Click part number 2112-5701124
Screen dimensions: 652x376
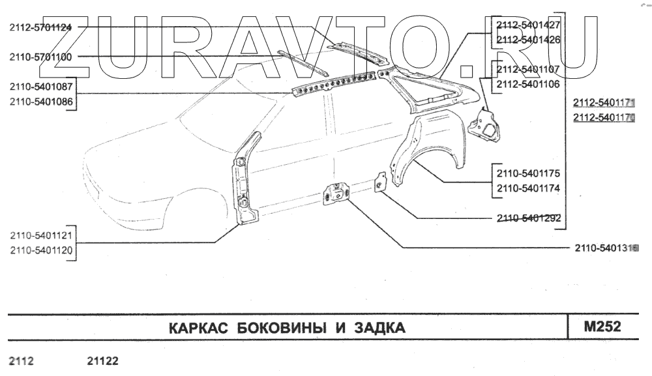click(40, 27)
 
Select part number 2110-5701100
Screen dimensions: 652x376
click(40, 57)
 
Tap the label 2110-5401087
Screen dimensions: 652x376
click(40, 87)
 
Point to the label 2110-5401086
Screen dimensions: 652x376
click(40, 102)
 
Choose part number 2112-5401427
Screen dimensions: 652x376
click(528, 25)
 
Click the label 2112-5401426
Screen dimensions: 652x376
click(528, 39)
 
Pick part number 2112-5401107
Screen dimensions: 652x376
click(528, 70)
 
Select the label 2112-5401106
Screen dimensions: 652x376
click(528, 84)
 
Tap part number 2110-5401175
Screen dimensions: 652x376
click(528, 174)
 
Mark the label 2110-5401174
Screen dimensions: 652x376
click(528, 188)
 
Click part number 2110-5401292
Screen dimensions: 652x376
click(528, 219)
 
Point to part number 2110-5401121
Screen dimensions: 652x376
click(40, 235)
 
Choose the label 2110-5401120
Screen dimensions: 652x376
click(40, 250)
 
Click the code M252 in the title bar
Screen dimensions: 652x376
click(602, 326)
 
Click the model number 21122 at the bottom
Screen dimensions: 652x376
click(102, 360)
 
